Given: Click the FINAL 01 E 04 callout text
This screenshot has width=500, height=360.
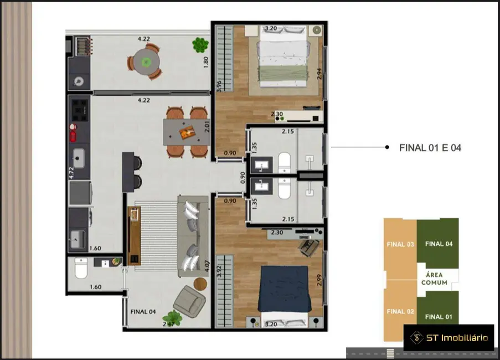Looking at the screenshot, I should pos(430,148).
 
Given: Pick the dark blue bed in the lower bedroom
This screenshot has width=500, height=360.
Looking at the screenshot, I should pos(283,290).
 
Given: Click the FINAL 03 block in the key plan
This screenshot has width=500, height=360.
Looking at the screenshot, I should pos(400,244).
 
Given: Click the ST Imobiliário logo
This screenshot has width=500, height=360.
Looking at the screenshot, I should pos(449,337).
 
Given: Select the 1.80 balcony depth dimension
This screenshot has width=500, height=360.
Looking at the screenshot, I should pos(206,61).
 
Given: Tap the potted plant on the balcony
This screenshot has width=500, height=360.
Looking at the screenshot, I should pos(200,45).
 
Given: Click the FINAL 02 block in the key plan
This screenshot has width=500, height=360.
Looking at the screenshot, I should pos(400,311).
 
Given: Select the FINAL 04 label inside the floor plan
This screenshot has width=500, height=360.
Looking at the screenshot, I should pos(143,312).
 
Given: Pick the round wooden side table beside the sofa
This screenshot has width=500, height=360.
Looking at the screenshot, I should pos(200,284).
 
